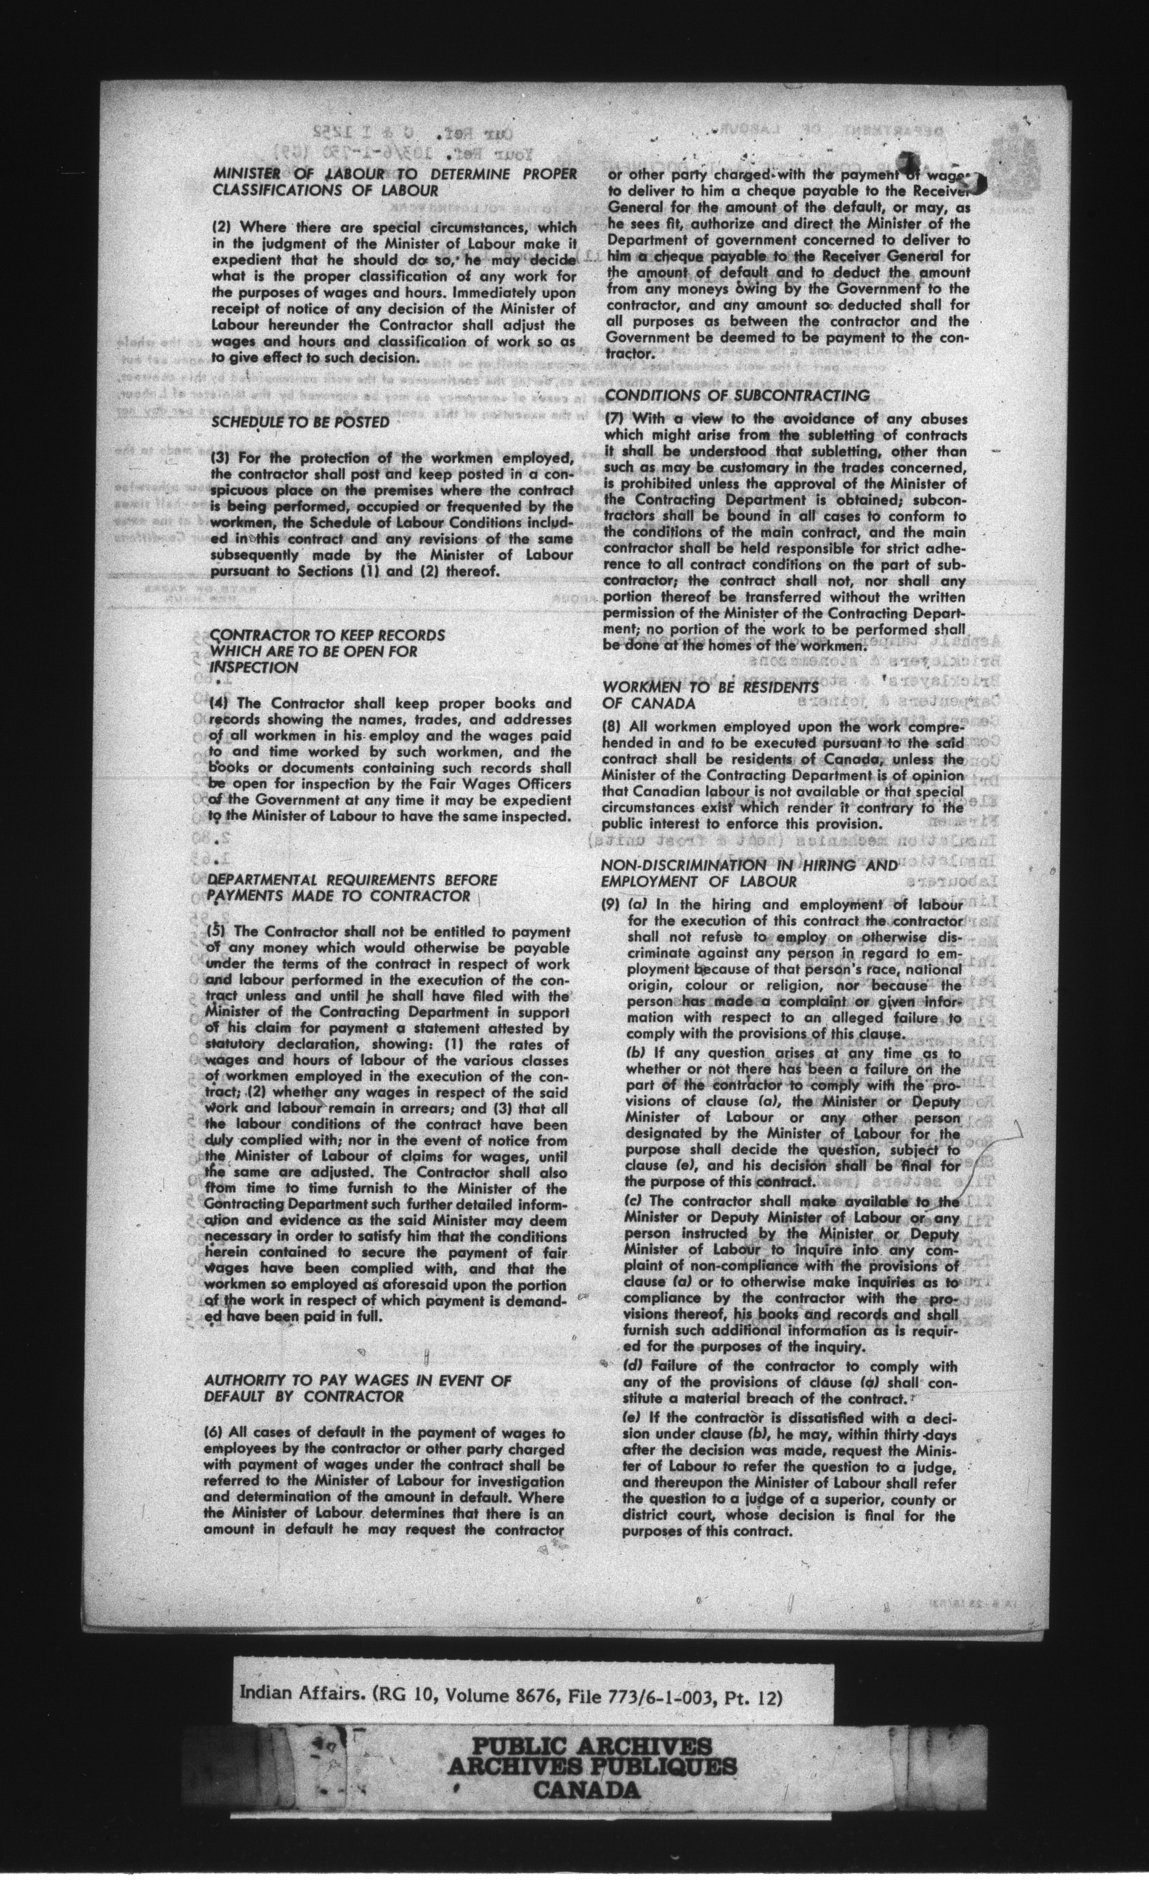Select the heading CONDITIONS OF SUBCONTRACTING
pyautogui.click(x=737, y=396)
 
